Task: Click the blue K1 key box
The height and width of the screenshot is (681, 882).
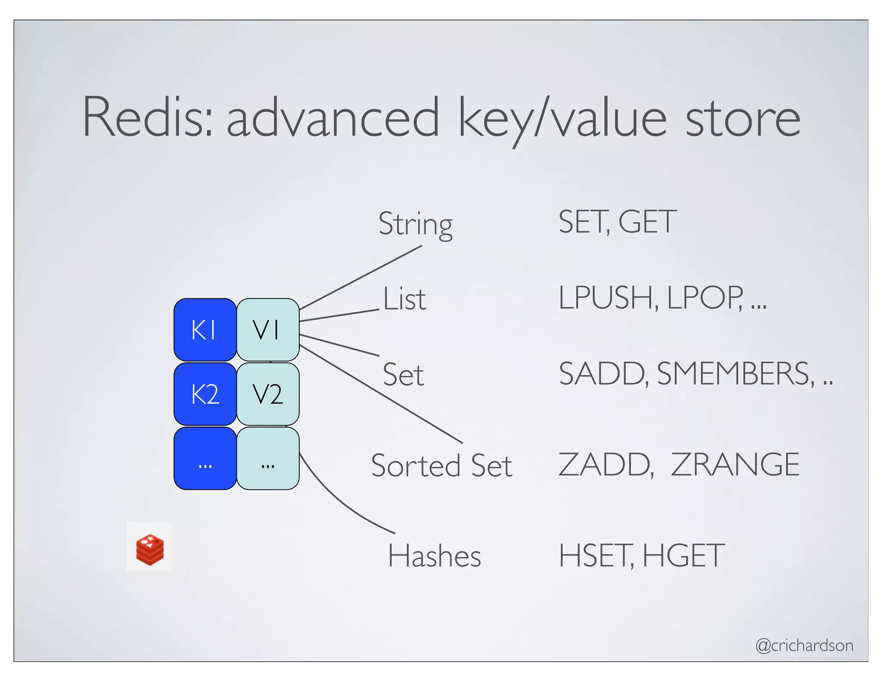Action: [205, 330]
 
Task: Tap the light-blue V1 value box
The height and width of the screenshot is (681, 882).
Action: [267, 330]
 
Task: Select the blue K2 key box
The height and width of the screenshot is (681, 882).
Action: [205, 394]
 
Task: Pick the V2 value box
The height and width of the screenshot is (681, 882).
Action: [267, 394]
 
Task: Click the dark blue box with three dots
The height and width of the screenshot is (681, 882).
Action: [205, 458]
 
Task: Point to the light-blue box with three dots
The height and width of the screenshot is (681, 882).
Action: [267, 458]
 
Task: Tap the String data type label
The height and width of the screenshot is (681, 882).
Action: [415, 224]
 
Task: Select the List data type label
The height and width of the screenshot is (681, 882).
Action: [404, 299]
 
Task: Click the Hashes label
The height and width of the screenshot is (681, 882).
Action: [434, 556]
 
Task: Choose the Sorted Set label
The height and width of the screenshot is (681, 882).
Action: [441, 465]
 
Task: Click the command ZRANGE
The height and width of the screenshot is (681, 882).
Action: [735, 464]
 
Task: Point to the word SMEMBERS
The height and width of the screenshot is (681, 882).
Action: [735, 374]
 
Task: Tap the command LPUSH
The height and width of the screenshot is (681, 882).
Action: [607, 298]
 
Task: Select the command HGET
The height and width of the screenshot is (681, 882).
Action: [683, 556]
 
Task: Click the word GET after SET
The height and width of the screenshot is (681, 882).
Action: [647, 222]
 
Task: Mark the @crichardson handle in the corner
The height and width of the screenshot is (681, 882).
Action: [804, 645]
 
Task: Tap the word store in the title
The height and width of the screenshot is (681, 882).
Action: [742, 118]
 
